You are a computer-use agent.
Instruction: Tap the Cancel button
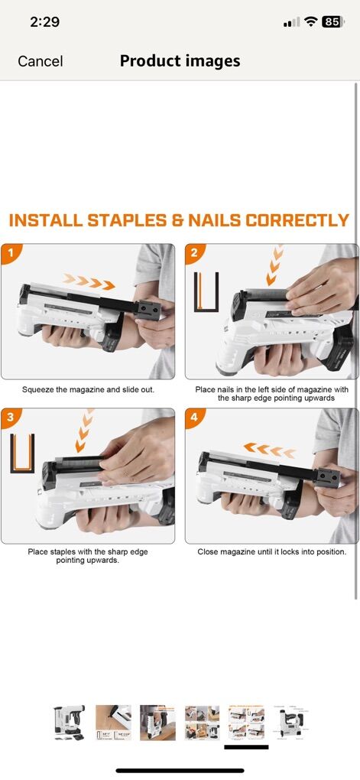(x=41, y=61)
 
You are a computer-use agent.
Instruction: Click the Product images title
(x=180, y=60)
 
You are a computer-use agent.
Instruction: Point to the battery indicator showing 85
(x=332, y=21)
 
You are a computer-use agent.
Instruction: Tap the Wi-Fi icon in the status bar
(x=311, y=21)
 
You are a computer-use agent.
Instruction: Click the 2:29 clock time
(x=44, y=22)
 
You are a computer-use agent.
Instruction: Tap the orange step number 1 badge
(x=10, y=252)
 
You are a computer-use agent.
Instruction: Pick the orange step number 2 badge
(x=194, y=252)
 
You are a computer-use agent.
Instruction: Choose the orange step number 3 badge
(x=10, y=417)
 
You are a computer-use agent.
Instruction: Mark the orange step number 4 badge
(x=194, y=417)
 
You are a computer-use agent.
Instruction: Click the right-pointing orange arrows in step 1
(x=89, y=281)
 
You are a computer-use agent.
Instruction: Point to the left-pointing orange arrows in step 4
(x=269, y=450)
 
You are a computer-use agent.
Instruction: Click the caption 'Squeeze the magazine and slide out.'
(x=88, y=390)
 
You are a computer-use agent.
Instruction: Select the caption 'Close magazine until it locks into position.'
(x=271, y=551)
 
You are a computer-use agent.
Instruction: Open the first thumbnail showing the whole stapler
(x=69, y=723)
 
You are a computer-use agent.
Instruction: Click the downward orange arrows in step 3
(x=83, y=431)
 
